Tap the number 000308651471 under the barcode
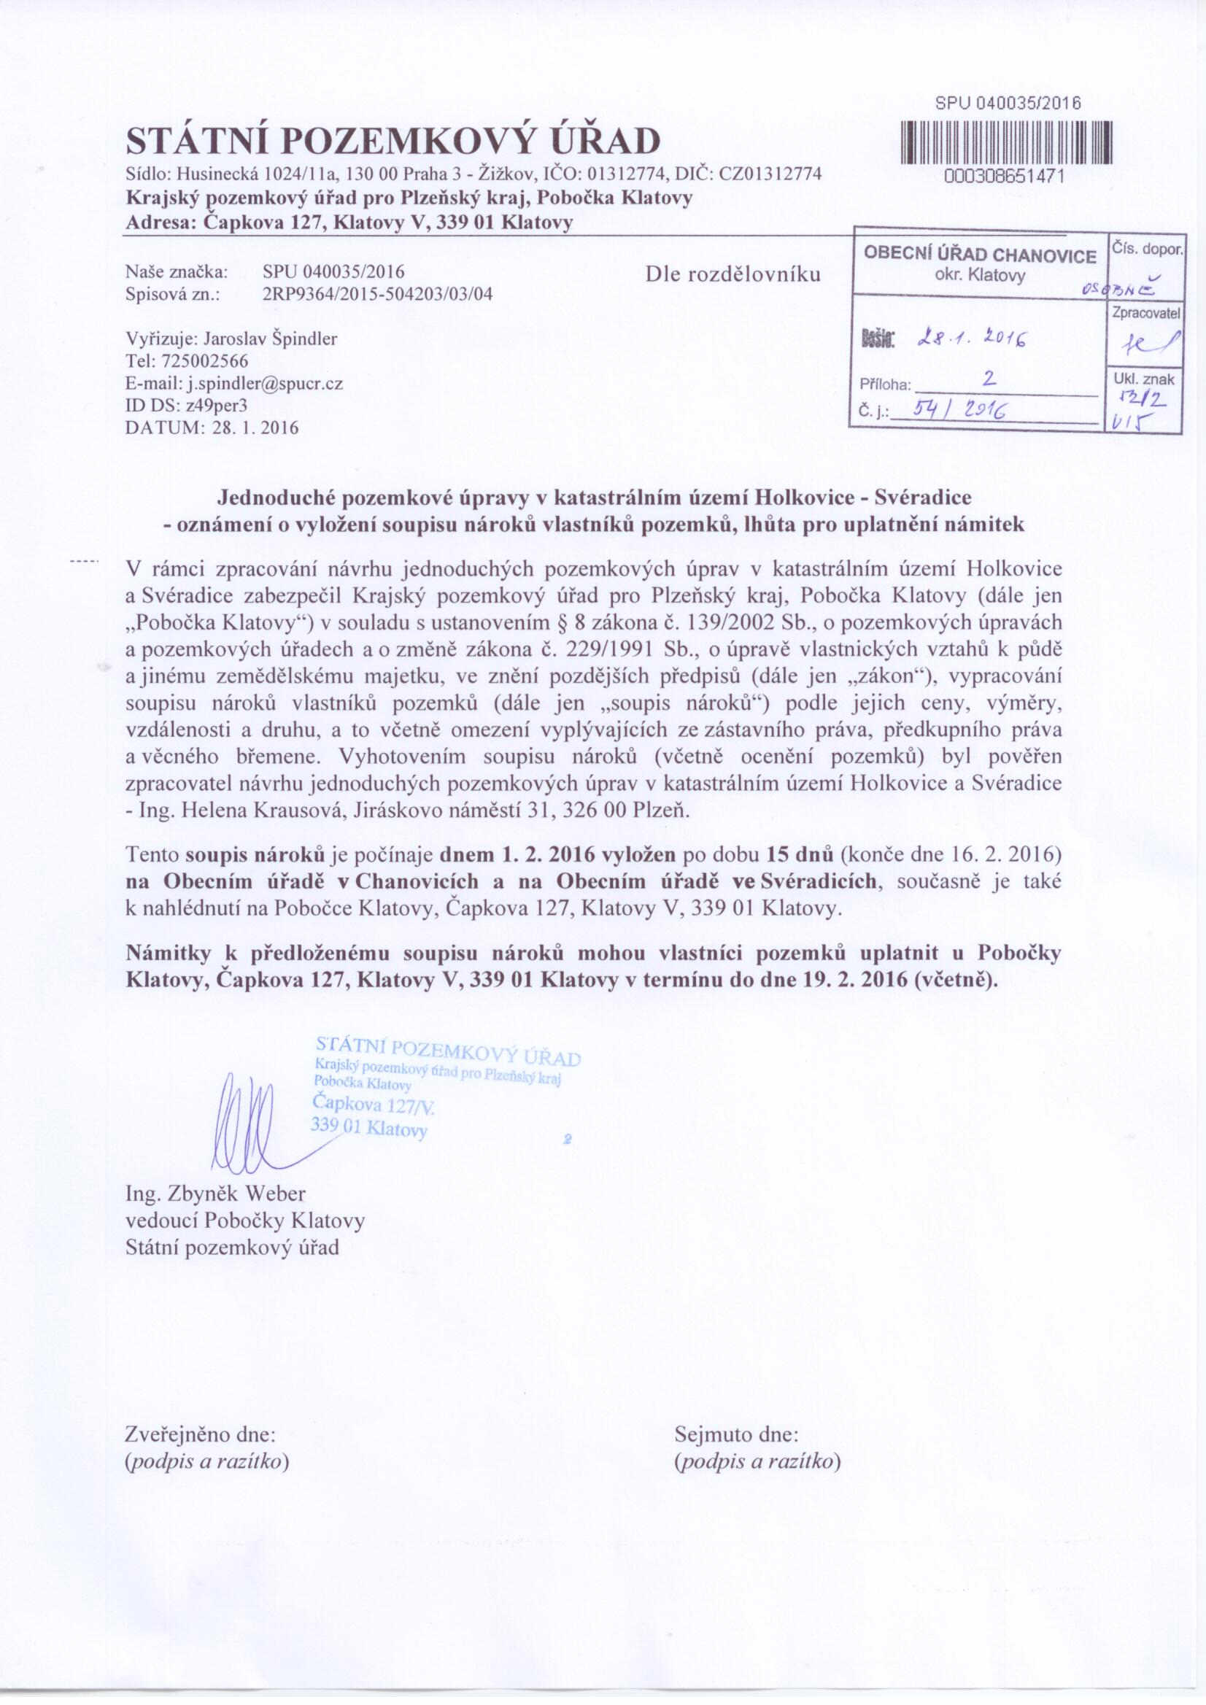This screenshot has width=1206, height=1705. click(1005, 176)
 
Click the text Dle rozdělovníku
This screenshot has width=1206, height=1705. click(733, 275)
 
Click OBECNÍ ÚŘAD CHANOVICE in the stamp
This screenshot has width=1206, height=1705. click(980, 255)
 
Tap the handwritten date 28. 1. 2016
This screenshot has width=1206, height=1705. click(973, 341)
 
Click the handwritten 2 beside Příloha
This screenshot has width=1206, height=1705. click(989, 379)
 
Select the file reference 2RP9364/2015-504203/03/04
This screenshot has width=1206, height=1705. click(377, 294)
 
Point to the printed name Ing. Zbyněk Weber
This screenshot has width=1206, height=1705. click(215, 1194)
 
